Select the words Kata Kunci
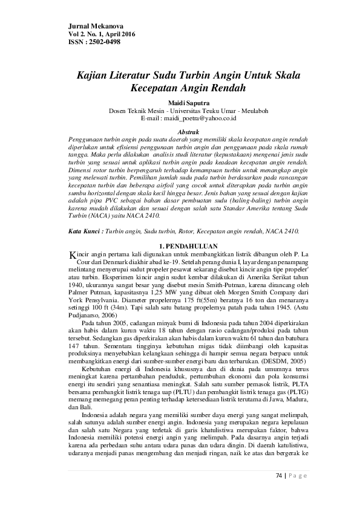click(82, 232)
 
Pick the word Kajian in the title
click(93, 76)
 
